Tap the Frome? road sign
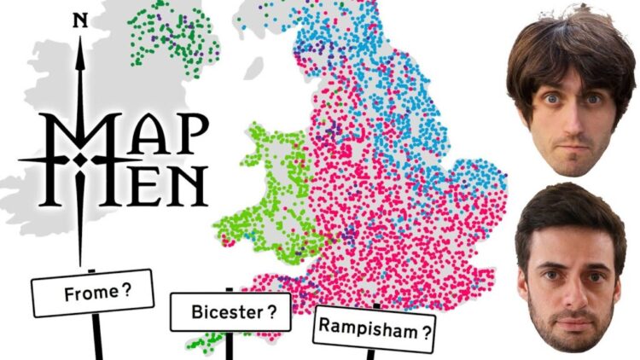coord(93,293)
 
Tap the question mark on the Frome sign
coord(126,289)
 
